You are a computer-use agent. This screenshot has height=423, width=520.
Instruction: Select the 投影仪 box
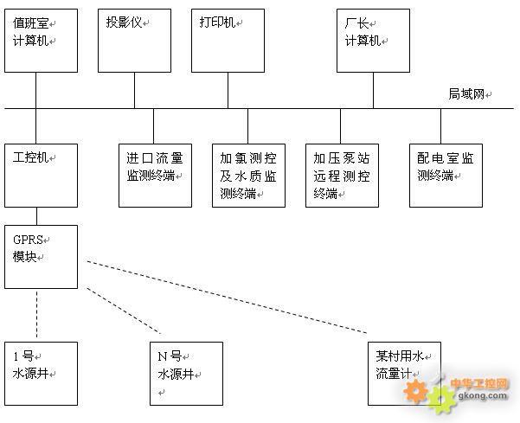pos(134,40)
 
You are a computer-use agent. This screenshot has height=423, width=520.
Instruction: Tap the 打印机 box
pos(227,40)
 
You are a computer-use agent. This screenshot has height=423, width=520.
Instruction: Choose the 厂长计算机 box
pos(373,40)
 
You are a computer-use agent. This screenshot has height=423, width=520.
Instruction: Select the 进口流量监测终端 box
pos(155,176)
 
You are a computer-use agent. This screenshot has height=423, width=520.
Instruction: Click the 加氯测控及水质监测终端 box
pos(248,176)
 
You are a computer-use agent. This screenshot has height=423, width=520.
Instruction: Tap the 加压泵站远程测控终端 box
pos(341,176)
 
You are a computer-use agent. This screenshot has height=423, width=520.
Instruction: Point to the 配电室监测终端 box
pos(446,176)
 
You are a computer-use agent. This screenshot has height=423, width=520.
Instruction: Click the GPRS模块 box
pos(41,256)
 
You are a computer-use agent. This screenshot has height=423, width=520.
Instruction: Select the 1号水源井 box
pos(41,373)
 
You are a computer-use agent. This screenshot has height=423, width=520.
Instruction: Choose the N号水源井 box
pos(186,373)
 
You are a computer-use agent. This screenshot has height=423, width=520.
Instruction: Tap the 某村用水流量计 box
pos(403,373)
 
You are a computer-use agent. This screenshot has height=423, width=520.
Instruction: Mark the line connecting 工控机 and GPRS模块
pos(36,216)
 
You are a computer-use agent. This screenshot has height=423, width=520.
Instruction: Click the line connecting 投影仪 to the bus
pos(134,90)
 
